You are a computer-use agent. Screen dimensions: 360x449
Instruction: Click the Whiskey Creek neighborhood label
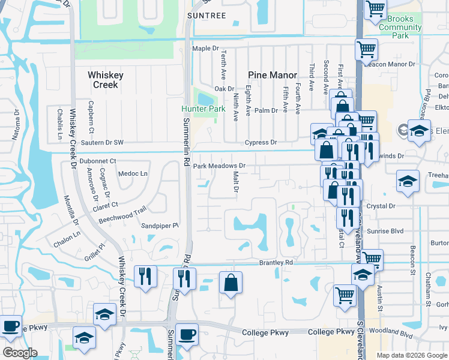[106, 80]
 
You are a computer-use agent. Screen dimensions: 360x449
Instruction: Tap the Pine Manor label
[273, 75]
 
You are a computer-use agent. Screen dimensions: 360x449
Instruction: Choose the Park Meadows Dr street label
[219, 166]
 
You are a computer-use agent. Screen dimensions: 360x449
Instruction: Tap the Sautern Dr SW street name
[101, 143]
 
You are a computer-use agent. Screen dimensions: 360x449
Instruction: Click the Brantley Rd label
[276, 262]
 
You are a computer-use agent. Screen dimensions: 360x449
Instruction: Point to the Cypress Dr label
[261, 143]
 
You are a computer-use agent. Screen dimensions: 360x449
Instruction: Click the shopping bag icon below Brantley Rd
[231, 283]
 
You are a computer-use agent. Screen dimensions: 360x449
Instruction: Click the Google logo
[20, 353]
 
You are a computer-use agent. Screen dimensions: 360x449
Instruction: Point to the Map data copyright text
[412, 355]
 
